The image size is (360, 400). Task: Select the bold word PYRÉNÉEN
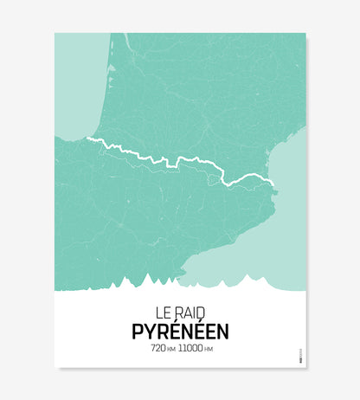(180, 331)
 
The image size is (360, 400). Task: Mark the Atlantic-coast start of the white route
(88, 139)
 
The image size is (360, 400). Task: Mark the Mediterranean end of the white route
(273, 183)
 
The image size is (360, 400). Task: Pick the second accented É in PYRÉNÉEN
(198, 330)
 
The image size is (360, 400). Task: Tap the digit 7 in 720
(153, 348)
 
